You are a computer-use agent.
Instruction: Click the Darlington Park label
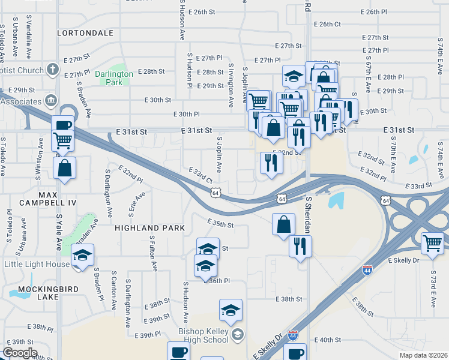pyautogui.click(x=113, y=78)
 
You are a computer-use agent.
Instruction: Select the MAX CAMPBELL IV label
pyautogui.click(x=39, y=199)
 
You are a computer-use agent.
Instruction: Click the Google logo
pyautogui.click(x=19, y=353)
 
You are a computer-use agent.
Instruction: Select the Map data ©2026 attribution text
pyautogui.click(x=423, y=355)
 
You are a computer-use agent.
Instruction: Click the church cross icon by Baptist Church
pyautogui.click(x=53, y=70)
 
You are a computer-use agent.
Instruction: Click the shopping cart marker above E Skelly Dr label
pyautogui.click(x=432, y=243)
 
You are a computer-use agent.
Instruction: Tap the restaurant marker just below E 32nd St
pyautogui.click(x=271, y=163)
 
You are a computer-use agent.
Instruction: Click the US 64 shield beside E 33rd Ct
pyautogui.click(x=215, y=193)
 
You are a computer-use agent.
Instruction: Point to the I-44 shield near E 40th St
pyautogui.click(x=293, y=335)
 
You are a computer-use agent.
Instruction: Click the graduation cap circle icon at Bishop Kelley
pyautogui.click(x=238, y=334)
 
